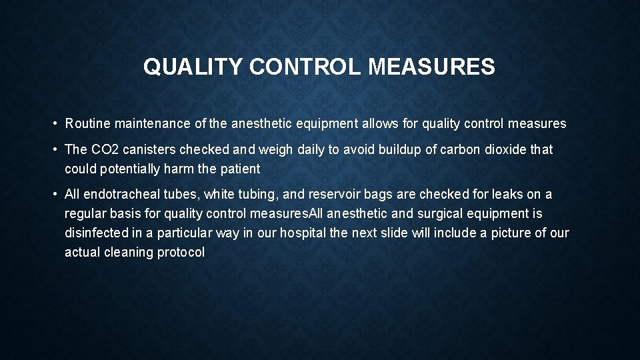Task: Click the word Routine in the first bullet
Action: [88, 124]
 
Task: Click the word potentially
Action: [129, 169]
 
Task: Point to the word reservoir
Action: [317, 195]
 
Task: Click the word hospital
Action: [303, 233]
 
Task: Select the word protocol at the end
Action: [181, 253]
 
